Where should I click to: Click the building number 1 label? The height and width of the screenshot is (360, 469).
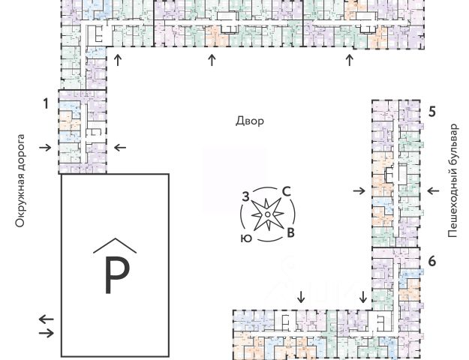46,103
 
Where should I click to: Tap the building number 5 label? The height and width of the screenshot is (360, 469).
431,112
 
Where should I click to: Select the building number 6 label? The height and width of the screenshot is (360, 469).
431,261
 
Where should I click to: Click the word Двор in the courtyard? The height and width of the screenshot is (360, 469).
250,121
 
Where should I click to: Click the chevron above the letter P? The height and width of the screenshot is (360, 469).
115,244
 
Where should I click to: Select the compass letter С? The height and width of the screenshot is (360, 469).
286,192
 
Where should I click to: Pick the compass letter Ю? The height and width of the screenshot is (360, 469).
246,238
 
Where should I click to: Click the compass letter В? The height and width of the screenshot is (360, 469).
290,233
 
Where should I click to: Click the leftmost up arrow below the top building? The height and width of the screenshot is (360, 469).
117,61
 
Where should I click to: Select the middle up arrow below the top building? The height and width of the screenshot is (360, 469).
212,61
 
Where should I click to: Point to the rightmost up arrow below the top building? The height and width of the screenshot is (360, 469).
348,61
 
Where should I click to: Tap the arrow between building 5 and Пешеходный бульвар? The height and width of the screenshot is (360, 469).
433,191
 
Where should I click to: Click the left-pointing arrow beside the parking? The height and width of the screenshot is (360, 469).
47,319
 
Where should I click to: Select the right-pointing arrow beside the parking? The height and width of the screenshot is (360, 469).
47,331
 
